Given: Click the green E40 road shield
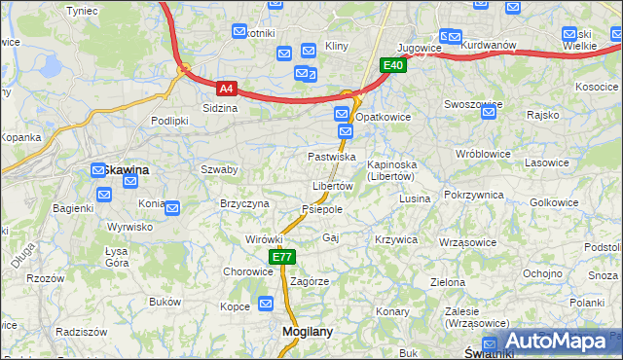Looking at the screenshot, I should [x=392, y=65].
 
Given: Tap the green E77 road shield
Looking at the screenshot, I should [x=281, y=257].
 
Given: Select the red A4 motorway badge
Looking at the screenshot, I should [x=226, y=88].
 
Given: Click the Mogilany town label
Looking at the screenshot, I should [x=307, y=331].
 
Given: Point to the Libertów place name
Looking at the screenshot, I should [x=332, y=186].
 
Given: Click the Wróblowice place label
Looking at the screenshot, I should [x=483, y=154].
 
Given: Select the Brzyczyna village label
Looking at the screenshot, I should [x=244, y=203].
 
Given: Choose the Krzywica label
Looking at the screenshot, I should [x=395, y=239].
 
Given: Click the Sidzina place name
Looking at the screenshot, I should [x=219, y=108].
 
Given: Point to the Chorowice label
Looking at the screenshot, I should [x=248, y=271].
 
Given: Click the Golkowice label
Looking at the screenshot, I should [x=556, y=202].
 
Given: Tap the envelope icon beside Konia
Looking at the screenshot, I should [x=172, y=207].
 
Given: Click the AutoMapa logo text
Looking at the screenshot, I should [x=560, y=342].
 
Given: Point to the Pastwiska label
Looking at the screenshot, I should [x=331, y=156].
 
